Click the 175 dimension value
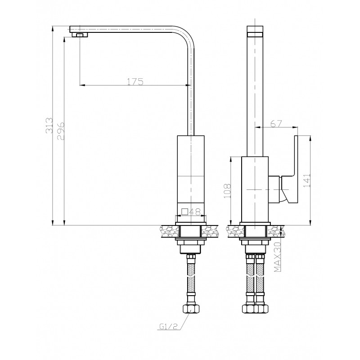(x=135, y=82)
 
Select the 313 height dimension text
(x=49, y=126)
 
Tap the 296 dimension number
(x=61, y=131)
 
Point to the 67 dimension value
(x=276, y=123)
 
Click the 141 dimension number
(x=307, y=180)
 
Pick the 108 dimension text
(x=227, y=190)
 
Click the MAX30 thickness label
(x=278, y=256)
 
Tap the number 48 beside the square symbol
(x=195, y=211)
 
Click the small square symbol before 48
(x=185, y=211)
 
